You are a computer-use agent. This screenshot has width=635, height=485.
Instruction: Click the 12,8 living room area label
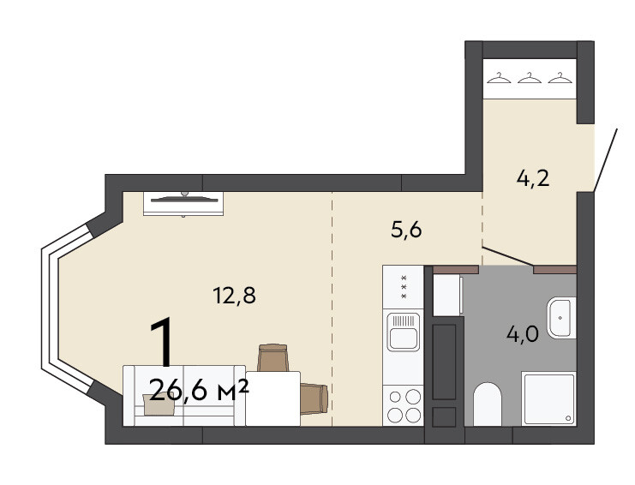click(x=234, y=295)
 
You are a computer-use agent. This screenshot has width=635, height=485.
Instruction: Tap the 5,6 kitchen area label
click(x=406, y=230)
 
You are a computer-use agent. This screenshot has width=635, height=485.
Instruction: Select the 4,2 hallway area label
click(x=533, y=178)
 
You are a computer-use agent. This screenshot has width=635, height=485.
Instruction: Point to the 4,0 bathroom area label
click(x=523, y=334)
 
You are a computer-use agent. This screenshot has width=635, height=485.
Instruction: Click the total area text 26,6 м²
click(x=199, y=391)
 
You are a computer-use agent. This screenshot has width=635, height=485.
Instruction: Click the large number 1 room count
click(x=164, y=343)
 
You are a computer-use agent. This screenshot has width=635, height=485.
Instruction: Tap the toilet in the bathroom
click(x=488, y=404)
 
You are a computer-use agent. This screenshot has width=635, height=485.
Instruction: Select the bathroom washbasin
click(x=561, y=318)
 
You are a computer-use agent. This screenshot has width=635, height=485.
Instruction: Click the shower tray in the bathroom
click(x=548, y=398)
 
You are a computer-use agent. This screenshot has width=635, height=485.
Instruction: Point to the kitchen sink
click(x=403, y=332)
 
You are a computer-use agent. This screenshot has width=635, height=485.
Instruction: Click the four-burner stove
click(x=404, y=405)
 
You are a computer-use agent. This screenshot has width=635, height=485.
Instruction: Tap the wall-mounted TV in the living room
click(x=183, y=204)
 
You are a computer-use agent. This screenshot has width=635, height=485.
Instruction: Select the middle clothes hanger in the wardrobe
click(x=529, y=77)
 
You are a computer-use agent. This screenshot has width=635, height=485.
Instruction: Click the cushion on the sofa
click(x=158, y=404)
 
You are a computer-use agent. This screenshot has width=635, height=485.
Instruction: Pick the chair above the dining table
click(x=273, y=357)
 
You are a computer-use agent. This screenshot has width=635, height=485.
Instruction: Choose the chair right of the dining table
click(x=314, y=398)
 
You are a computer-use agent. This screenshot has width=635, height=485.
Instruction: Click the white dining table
click(x=273, y=398)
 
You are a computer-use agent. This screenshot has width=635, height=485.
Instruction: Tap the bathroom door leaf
click(x=508, y=256)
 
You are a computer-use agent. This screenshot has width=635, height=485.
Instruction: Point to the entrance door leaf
click(x=606, y=159)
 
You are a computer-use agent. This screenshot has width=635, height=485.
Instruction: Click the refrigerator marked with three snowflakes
click(x=404, y=287)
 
